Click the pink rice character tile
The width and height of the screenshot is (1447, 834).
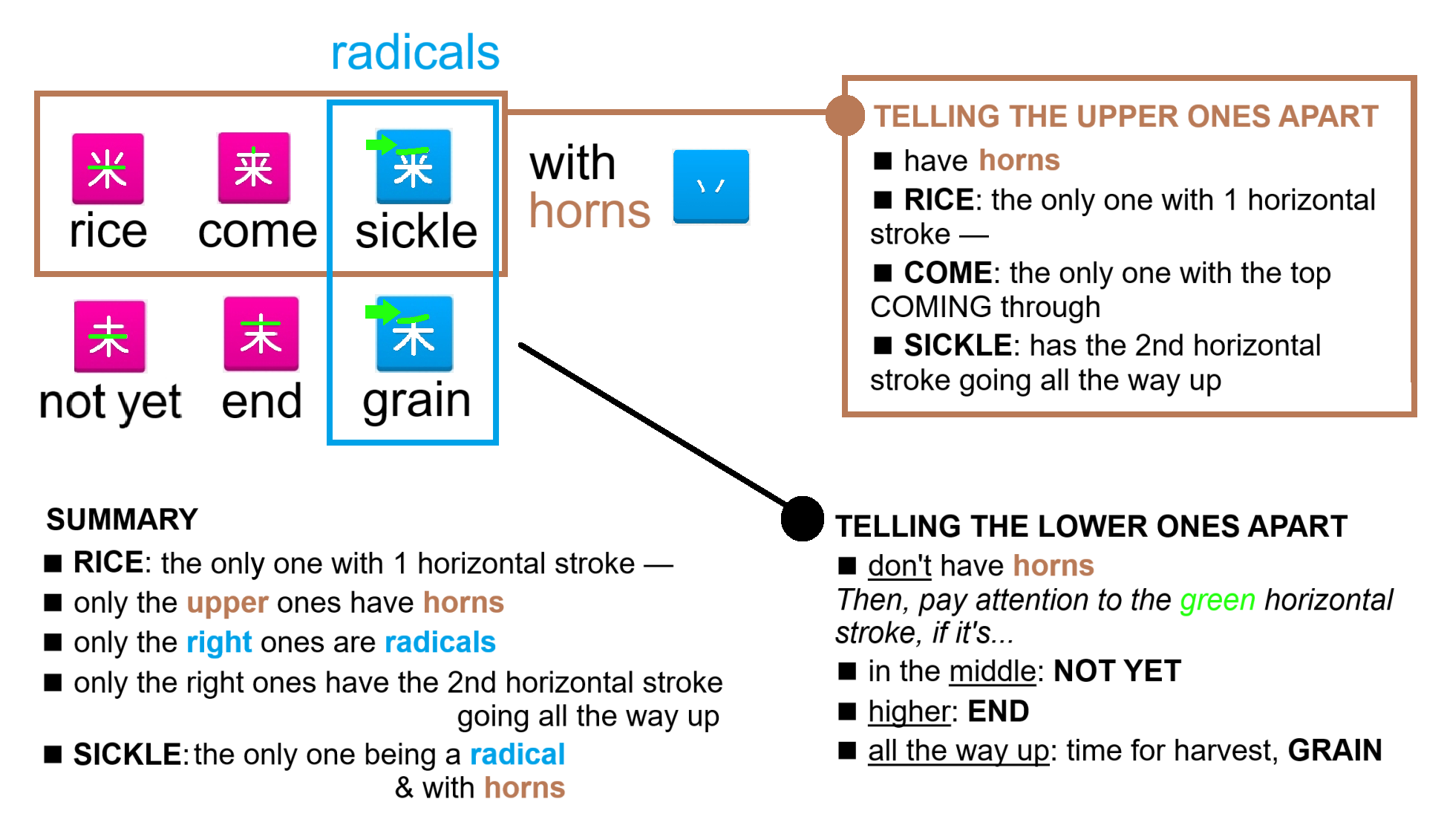tap(108, 169)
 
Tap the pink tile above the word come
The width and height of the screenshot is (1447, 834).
tap(254, 168)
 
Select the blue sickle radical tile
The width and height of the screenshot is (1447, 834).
tap(414, 167)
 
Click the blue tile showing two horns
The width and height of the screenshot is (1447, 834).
tap(711, 186)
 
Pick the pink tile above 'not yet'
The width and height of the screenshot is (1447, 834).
tap(110, 336)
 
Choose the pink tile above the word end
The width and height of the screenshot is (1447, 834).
tap(261, 334)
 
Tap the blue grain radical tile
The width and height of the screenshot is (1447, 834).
tap(414, 334)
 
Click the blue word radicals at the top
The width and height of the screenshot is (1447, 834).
tap(415, 53)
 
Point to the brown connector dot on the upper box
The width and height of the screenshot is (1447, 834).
tap(845, 116)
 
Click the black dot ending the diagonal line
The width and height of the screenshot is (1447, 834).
tap(803, 518)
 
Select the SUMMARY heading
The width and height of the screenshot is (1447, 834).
tap(123, 519)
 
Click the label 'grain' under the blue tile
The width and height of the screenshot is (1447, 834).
tap(417, 402)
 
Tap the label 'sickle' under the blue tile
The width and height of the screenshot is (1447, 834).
tap(416, 231)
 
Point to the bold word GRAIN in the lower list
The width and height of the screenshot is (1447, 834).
tap(1335, 750)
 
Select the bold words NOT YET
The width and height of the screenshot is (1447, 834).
tap(1117, 671)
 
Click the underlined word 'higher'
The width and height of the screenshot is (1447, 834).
tap(909, 711)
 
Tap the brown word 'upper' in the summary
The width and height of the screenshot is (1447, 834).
tap(227, 604)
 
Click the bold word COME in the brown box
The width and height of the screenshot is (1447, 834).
tap(948, 273)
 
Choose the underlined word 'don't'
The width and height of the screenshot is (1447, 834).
tap(899, 565)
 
